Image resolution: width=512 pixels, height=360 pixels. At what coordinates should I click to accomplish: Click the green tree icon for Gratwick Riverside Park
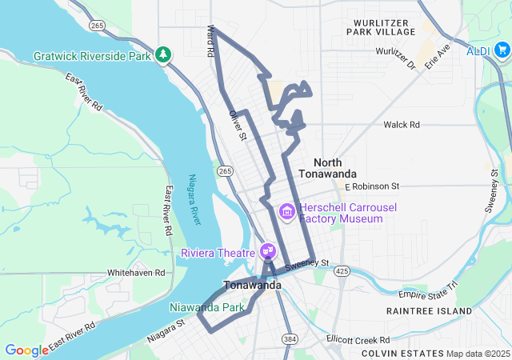163,54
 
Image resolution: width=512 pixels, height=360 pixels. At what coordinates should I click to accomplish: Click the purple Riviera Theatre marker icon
268,251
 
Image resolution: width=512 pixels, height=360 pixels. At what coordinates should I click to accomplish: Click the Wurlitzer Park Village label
381,26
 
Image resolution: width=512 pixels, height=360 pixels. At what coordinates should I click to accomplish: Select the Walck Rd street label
402,125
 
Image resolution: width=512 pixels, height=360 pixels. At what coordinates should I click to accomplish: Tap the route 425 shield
342,271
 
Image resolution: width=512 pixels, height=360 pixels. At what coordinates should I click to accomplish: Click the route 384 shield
286,339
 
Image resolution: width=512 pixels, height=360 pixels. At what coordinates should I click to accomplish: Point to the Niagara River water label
194,199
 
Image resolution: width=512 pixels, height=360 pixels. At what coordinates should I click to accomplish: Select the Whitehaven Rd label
135,273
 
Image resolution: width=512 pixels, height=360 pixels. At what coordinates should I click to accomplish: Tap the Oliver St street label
238,126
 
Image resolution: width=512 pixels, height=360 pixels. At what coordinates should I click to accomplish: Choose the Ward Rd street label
211,40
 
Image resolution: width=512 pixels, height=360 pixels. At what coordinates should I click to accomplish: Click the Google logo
26,350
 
